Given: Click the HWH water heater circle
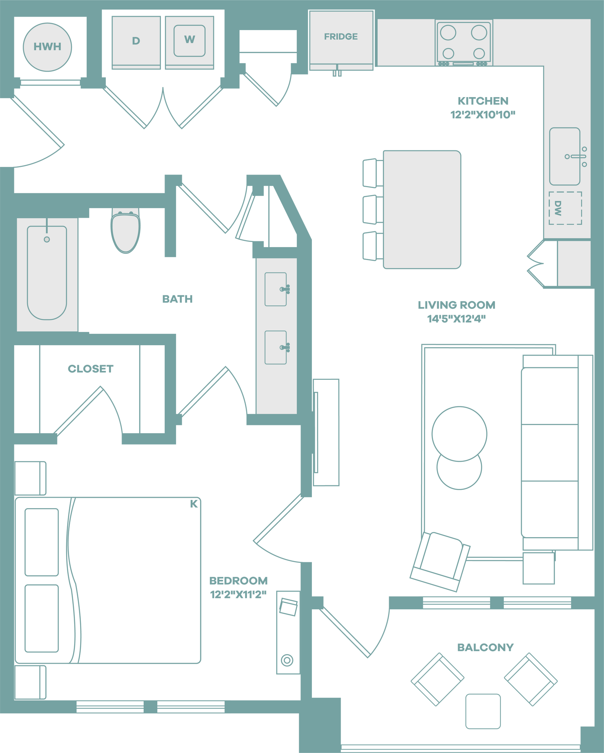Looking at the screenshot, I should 47,47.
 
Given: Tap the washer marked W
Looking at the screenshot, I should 189,40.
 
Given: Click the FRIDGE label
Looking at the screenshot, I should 341,36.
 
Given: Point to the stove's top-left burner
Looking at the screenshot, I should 448,33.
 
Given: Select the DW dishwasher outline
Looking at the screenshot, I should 565,208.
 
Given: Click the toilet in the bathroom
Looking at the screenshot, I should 126,232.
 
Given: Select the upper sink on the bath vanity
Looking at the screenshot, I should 276,289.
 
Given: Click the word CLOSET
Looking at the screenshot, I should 90,368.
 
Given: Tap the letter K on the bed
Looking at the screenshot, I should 194,504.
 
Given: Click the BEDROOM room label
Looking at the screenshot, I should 238,581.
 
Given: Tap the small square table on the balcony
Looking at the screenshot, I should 483,711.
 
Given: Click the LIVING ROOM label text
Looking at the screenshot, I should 456,305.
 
